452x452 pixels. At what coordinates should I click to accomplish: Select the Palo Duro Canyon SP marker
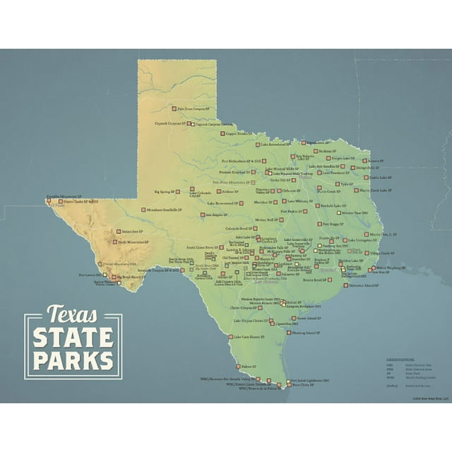pos(174,109)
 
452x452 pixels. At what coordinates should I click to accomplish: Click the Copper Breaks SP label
pos(238,133)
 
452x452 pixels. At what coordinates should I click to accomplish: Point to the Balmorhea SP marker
pos(119,230)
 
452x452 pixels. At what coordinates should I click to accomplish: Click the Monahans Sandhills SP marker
pos(143,210)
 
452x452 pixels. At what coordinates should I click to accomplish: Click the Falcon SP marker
pos(239,367)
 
